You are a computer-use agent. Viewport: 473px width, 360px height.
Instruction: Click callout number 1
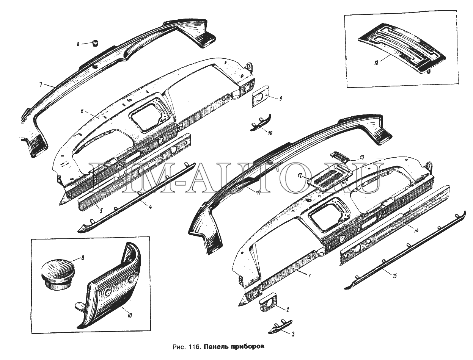pos(310,275)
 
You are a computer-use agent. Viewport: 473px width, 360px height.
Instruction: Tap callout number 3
pos(293,334)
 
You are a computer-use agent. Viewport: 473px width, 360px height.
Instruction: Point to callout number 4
pos(150,207)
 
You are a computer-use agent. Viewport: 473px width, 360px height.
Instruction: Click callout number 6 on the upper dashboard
pos(82,111)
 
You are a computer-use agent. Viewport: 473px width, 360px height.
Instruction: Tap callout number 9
pos(280,99)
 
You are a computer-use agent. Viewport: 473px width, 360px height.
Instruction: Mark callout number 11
pos(259,193)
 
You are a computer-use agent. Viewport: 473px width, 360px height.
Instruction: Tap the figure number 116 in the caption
pos(195,353)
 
